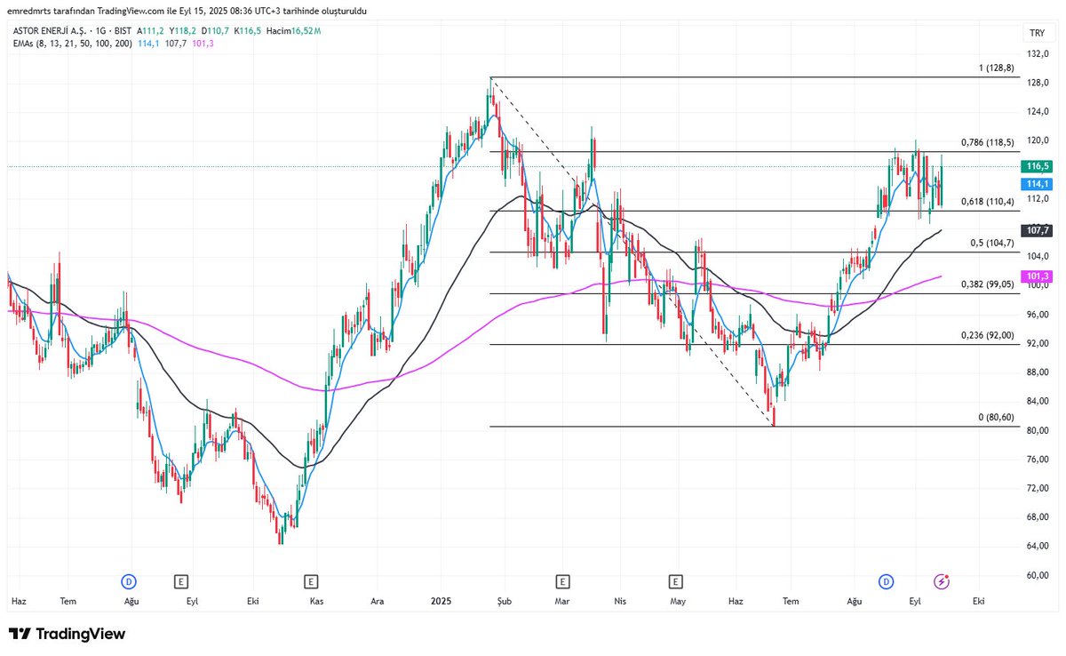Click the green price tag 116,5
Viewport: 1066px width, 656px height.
1038,166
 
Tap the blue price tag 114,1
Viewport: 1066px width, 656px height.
1038,184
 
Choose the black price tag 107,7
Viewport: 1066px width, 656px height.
1038,230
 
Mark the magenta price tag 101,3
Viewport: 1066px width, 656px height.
1038,276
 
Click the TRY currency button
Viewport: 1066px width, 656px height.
1037,33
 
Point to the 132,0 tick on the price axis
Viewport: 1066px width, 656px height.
1037,54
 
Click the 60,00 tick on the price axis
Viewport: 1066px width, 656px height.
1037,575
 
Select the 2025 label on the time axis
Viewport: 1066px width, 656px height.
442,602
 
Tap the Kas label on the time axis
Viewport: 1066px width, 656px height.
316,602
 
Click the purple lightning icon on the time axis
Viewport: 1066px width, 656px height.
942,581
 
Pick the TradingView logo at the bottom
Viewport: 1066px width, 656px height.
68,634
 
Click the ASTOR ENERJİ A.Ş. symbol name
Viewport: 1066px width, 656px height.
44,30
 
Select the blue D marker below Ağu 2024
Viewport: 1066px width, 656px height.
129,581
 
